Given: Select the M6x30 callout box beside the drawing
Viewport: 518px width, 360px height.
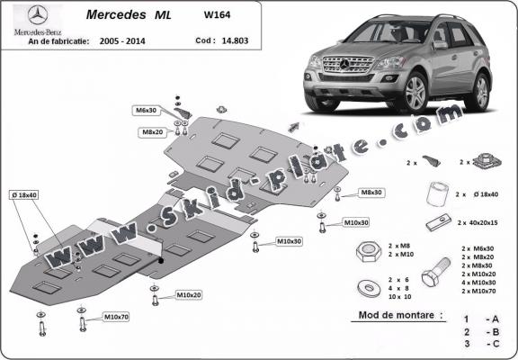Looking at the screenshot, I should pos(147,110).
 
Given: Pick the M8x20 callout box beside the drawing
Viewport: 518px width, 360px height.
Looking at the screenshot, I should pos(151,131).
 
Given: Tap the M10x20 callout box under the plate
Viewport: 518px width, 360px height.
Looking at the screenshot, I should pos(189,294).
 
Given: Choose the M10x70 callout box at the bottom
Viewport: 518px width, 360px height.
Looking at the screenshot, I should pos(116,317).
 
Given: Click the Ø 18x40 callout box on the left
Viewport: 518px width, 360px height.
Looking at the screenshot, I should pos(24,195).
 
